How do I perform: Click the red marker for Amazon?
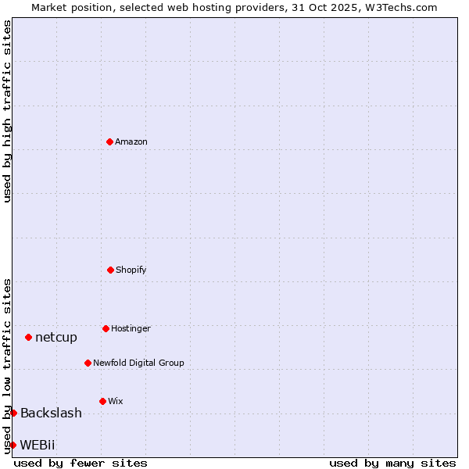109,141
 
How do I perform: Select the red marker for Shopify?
110,270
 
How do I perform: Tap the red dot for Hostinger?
106,328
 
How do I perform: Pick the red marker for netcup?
28,337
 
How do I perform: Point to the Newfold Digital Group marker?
88,363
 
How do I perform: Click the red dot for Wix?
102,401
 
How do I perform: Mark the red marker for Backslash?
13,413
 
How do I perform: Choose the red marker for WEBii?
13,445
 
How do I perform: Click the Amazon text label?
131,141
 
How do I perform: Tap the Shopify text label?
131,270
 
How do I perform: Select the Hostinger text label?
131,328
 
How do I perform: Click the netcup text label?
56,337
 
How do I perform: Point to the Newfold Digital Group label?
138,363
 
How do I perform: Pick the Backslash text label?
51,413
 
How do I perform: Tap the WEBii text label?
38,445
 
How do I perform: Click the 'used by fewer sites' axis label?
81,463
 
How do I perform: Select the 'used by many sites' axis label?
392,463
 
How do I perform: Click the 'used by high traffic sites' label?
7,111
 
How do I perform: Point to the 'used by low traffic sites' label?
7,365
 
